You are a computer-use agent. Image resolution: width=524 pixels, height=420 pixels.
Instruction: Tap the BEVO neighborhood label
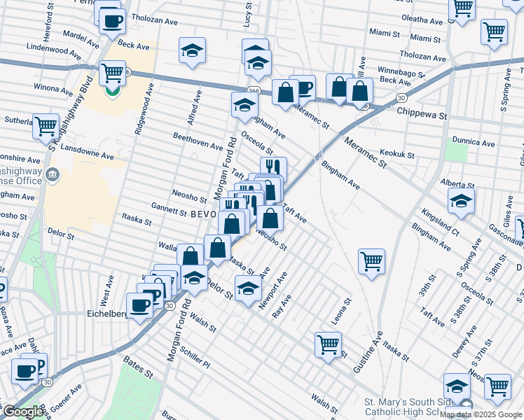point(203,216)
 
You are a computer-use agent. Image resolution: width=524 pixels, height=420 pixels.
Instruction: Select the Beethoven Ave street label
point(198,143)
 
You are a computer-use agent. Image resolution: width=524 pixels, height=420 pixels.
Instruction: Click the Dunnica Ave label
point(474,142)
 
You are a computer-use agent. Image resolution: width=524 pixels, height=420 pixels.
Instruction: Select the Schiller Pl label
point(195,358)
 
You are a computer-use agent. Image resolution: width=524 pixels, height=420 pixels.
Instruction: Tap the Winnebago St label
point(402,72)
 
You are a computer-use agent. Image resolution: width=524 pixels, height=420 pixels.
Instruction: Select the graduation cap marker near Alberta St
point(462,202)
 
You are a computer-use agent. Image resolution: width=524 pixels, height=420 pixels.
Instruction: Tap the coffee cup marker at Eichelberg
point(140,305)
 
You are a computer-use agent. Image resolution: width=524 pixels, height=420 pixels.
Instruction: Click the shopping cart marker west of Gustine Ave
point(371,261)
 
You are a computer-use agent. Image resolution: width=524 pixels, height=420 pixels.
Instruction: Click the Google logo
point(22,412)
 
